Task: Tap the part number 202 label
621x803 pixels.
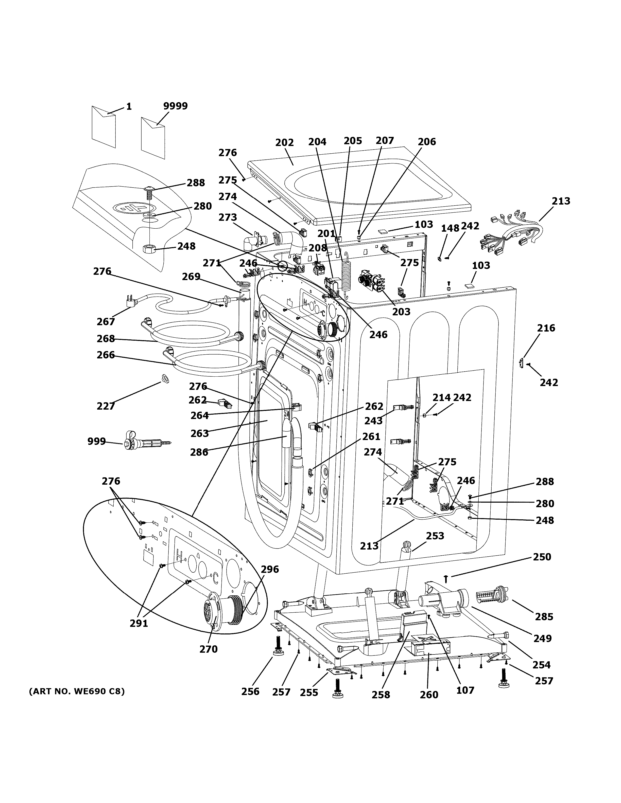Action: tap(284, 143)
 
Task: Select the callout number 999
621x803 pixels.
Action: tap(96, 441)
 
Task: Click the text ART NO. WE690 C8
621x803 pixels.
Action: tap(77, 691)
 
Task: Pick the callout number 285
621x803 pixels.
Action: tap(544, 617)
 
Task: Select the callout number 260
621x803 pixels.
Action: tap(429, 695)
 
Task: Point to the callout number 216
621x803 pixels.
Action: tap(546, 328)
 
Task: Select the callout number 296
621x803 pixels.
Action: tap(270, 569)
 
